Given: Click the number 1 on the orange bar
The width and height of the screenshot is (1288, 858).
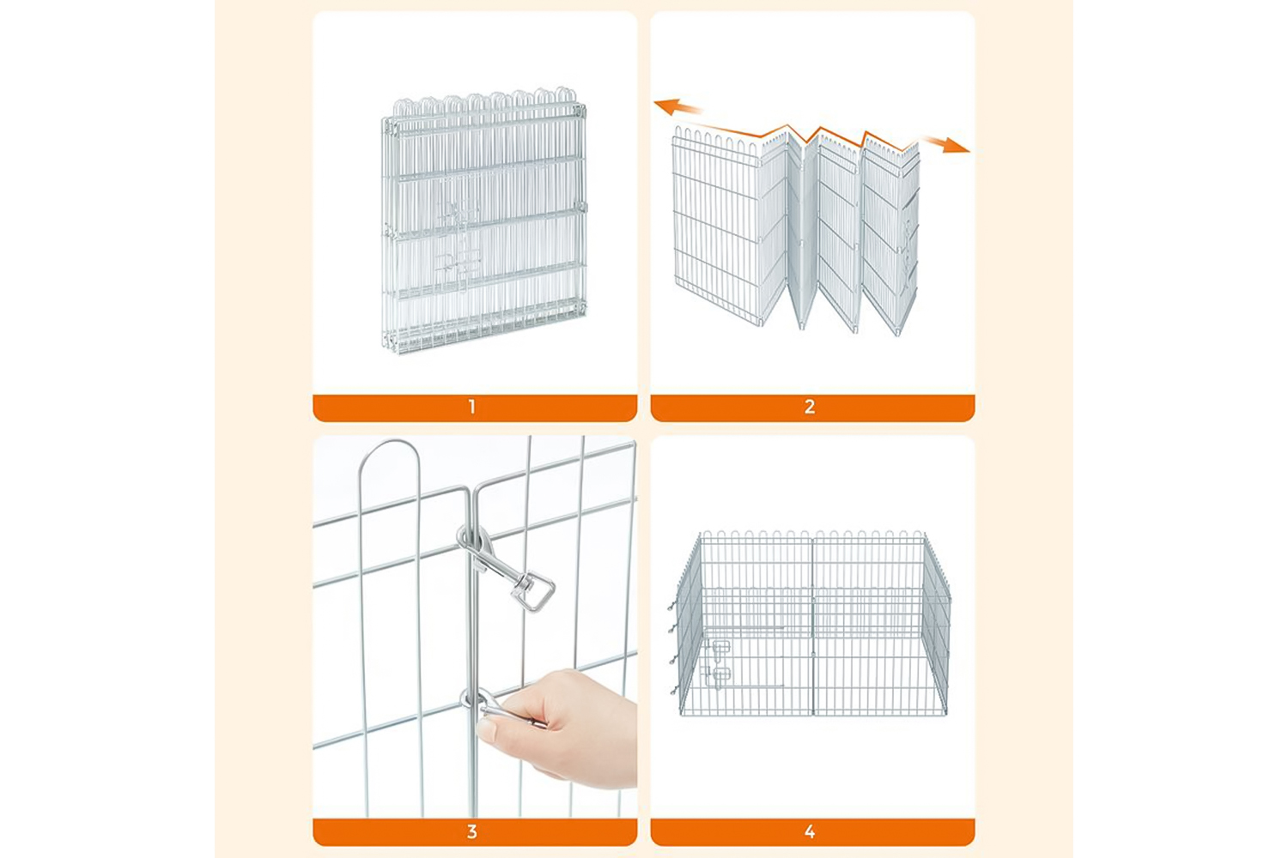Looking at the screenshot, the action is tap(472, 407).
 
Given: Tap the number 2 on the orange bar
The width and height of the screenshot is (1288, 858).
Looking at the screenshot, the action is tap(810, 407).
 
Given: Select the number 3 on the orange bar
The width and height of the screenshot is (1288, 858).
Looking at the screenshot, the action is tap(472, 831).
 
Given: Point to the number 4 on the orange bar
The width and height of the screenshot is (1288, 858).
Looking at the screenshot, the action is tap(810, 831).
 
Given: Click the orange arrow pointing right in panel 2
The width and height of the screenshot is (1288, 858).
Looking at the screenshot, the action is tap(947, 144).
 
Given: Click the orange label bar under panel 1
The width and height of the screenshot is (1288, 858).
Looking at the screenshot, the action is tap(475, 408).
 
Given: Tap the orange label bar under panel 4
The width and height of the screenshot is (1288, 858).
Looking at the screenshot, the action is tap(812, 832).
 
